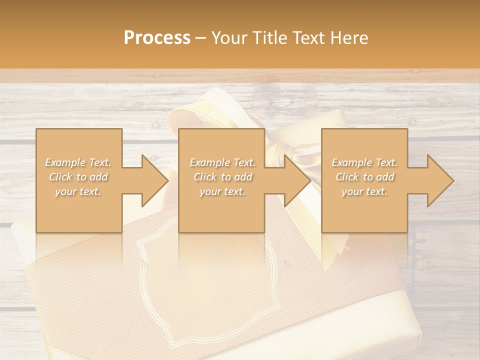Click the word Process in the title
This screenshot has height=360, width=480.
pos(157,38)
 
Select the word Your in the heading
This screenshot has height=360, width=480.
pos(230,38)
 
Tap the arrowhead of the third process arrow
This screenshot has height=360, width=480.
pos(439,180)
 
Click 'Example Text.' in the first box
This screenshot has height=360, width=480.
pos(78,162)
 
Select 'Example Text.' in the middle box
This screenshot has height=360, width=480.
pos(222,162)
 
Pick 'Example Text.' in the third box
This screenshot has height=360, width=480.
pos(364,162)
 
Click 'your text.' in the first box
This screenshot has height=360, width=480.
pos(78,191)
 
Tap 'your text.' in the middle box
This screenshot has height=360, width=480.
pos(222,191)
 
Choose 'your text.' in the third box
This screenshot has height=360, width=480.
pos(364,191)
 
